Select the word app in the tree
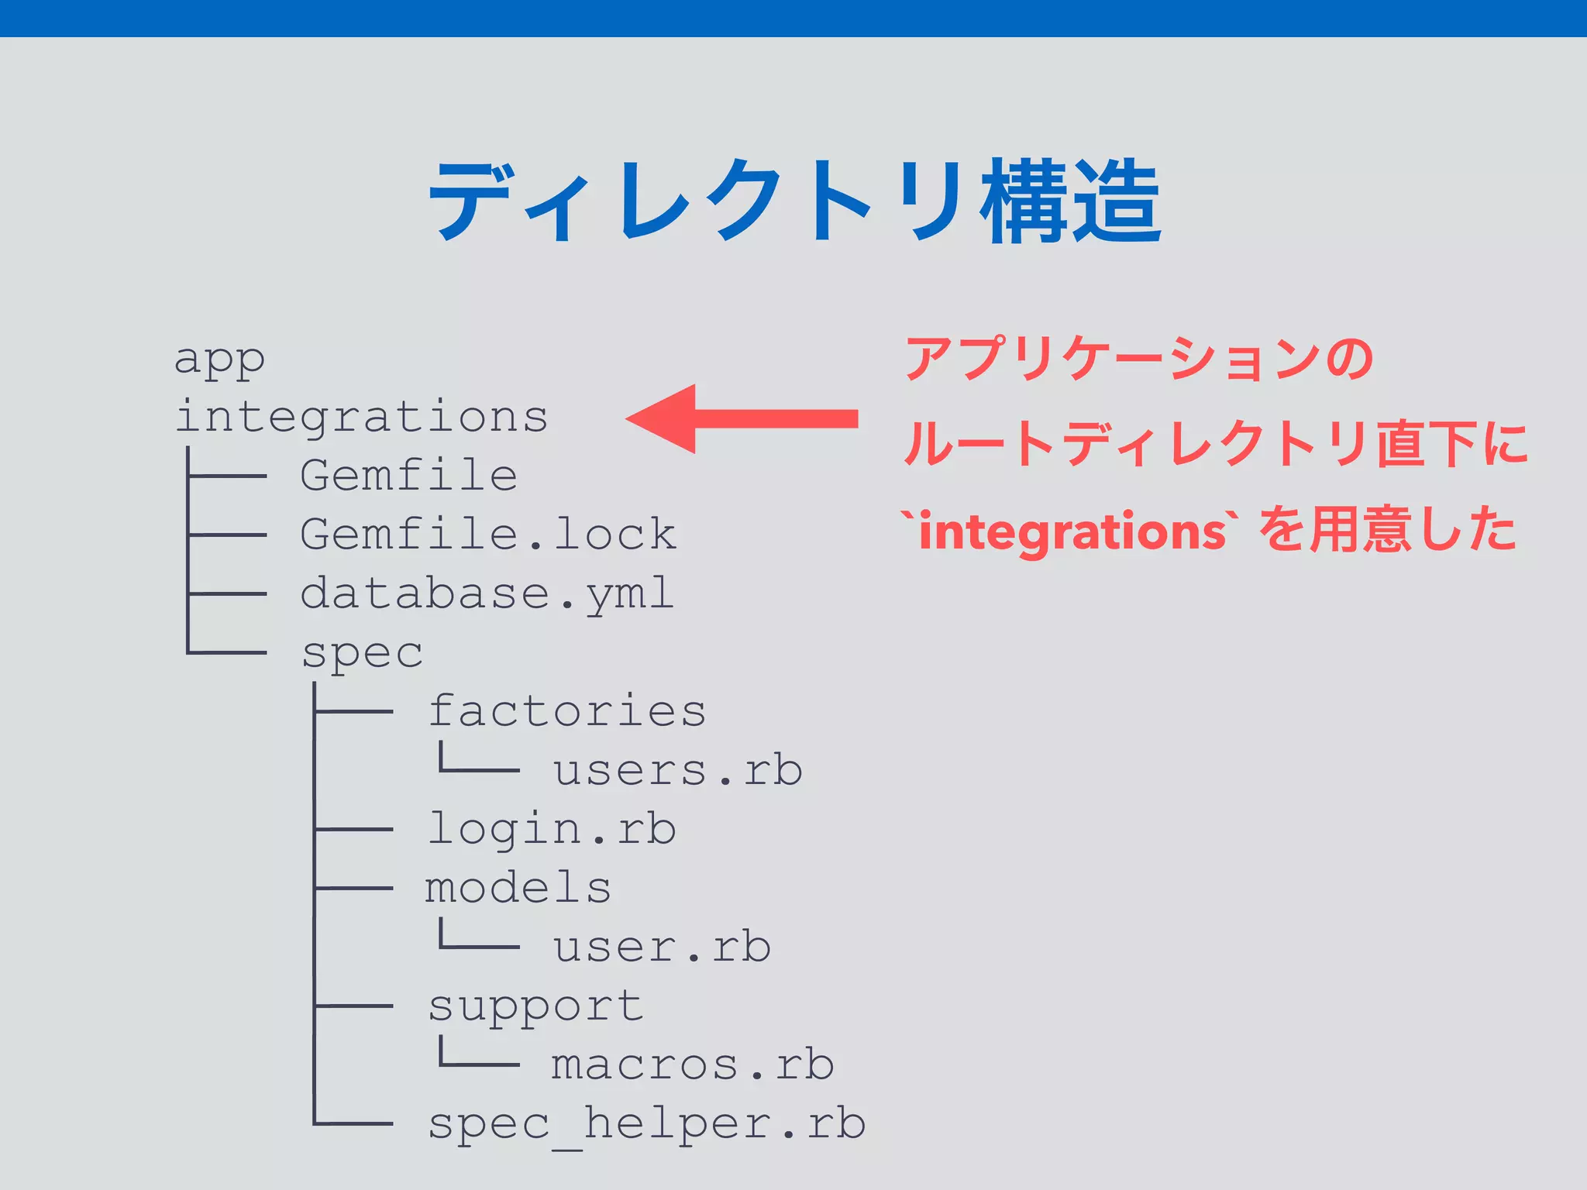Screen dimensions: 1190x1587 click(x=219, y=359)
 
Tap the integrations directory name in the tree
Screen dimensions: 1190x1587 click(x=362, y=417)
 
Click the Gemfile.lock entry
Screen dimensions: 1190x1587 click(x=488, y=534)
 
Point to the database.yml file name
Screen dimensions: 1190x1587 click(x=487, y=593)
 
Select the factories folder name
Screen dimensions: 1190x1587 click(x=566, y=710)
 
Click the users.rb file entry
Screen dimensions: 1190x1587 click(x=677, y=770)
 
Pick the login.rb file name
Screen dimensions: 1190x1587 click(x=552, y=829)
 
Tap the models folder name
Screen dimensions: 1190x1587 click(x=518, y=888)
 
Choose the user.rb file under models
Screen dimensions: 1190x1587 click(x=662, y=947)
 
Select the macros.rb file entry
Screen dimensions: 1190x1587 click(x=692, y=1064)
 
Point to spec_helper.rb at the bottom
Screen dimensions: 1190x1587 click(x=646, y=1124)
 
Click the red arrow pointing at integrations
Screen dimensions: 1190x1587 click(x=742, y=418)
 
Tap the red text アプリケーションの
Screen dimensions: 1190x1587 click(x=1139, y=359)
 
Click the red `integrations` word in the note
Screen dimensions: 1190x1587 click(x=1070, y=531)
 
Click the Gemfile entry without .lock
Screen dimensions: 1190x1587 click(x=408, y=475)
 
